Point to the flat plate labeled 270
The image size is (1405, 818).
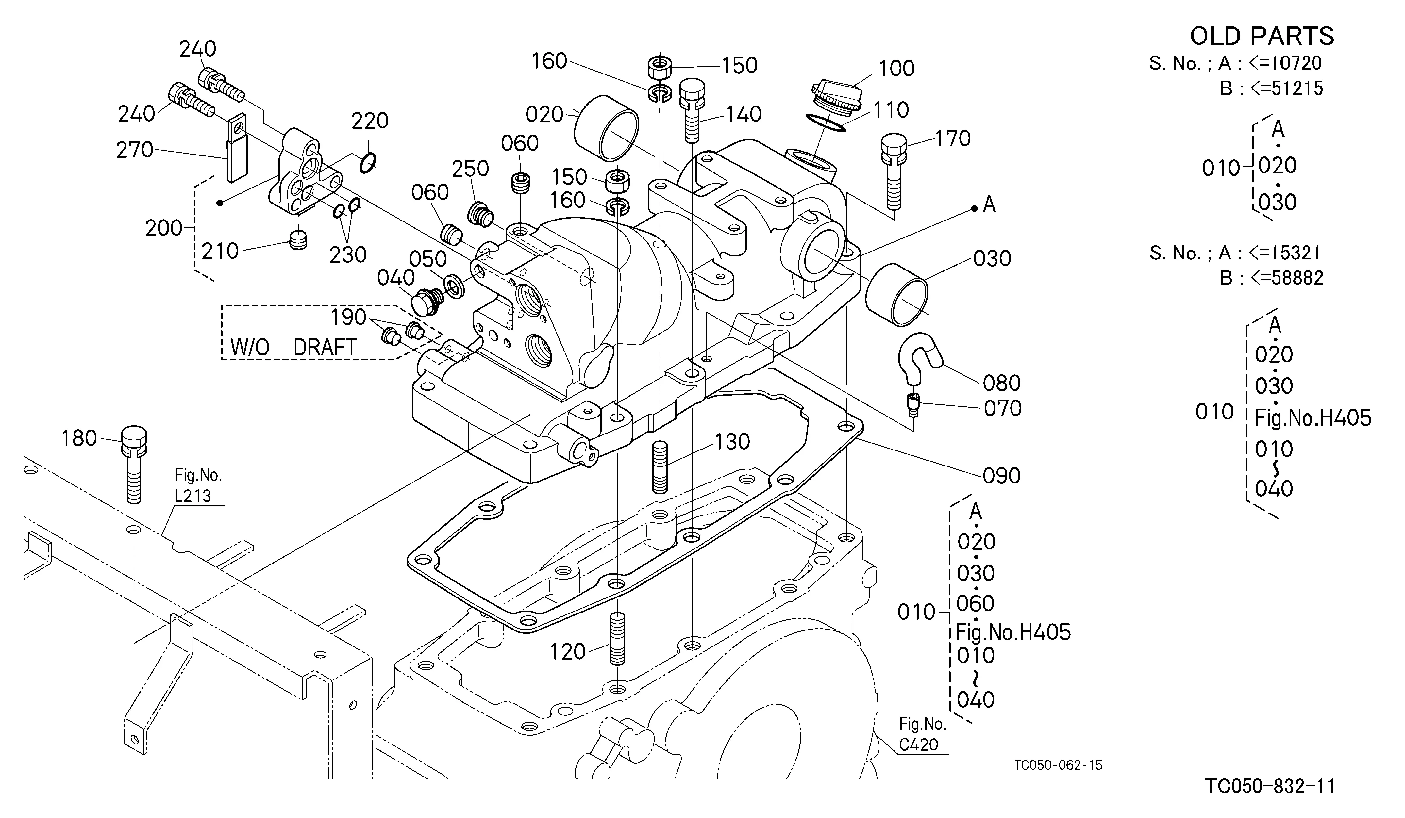(x=237, y=148)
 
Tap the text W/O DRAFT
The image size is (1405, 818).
(x=293, y=348)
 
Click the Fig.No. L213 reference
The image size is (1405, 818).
(x=198, y=486)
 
